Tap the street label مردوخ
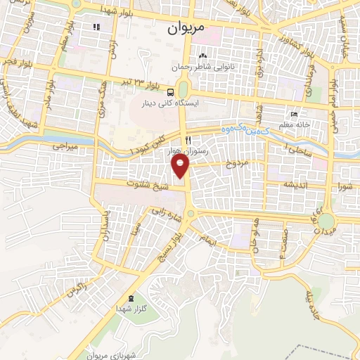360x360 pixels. coord(237,164)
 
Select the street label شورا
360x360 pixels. coord(345,186)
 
